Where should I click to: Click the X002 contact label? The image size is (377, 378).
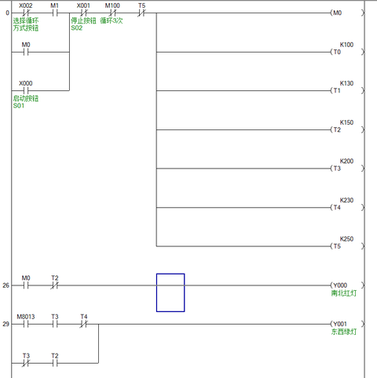[x=26, y=5]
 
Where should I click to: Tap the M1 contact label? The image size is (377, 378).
[x=55, y=5]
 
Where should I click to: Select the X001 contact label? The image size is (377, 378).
[x=83, y=5]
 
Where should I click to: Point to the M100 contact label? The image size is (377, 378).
[x=113, y=5]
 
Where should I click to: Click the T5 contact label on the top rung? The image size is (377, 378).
[x=141, y=5]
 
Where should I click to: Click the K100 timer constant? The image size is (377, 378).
[x=346, y=44]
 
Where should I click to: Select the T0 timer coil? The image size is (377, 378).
[x=338, y=53]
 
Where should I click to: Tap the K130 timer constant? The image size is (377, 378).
[x=346, y=82]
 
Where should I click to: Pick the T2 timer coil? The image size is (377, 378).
[x=338, y=130]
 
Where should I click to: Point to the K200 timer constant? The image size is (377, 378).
[x=346, y=161]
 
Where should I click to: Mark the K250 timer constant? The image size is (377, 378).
[x=346, y=238]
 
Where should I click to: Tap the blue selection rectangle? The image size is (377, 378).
[x=170, y=293]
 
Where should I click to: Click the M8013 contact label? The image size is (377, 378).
[x=26, y=316]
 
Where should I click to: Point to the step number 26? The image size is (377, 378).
[x=5, y=285]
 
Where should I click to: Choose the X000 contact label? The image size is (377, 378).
[x=26, y=82]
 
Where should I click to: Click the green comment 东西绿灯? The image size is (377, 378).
[x=343, y=333]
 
